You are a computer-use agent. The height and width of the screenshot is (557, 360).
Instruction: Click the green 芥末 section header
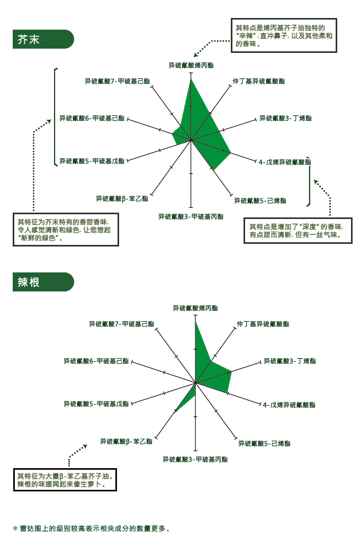click(43, 39)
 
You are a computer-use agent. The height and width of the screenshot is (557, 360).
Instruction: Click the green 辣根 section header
click(43, 282)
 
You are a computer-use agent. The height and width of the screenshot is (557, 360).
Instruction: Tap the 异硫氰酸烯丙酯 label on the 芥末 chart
click(191, 66)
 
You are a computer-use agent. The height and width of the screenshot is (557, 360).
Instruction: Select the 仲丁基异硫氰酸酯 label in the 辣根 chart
click(263, 324)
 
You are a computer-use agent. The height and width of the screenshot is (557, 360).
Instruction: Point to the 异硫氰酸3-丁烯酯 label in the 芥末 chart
click(285, 118)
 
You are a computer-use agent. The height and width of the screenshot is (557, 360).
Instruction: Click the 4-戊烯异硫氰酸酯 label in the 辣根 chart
click(289, 405)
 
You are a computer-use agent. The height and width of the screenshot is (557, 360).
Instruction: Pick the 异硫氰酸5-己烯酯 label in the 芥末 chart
click(260, 200)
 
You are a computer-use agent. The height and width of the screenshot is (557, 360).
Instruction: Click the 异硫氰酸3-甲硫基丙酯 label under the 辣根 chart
click(195, 459)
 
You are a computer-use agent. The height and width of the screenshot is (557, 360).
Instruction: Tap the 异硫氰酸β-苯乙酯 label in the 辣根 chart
click(126, 442)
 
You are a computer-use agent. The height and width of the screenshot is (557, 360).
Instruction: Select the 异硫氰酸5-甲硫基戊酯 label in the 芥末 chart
click(92, 161)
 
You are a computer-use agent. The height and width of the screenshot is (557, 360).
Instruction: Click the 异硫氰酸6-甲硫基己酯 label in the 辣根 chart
click(96, 361)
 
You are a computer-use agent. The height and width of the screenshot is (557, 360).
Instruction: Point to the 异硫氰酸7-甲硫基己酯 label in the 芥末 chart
click(118, 81)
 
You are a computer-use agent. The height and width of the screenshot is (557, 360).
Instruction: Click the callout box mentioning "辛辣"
click(284, 35)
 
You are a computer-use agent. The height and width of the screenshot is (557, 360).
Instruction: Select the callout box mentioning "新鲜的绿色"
click(66, 230)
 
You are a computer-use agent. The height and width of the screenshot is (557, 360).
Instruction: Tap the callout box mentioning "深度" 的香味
click(298, 231)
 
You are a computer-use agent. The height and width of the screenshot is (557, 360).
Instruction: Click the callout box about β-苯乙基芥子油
click(65, 480)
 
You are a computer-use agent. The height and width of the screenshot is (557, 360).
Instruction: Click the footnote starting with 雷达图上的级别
click(91, 528)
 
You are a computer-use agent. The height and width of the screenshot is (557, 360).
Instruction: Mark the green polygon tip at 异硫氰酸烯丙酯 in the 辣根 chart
click(195, 321)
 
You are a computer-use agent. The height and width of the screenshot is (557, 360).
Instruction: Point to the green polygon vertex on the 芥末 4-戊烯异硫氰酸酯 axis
click(231, 153)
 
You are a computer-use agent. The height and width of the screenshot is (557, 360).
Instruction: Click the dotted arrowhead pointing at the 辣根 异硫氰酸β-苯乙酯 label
click(85, 446)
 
